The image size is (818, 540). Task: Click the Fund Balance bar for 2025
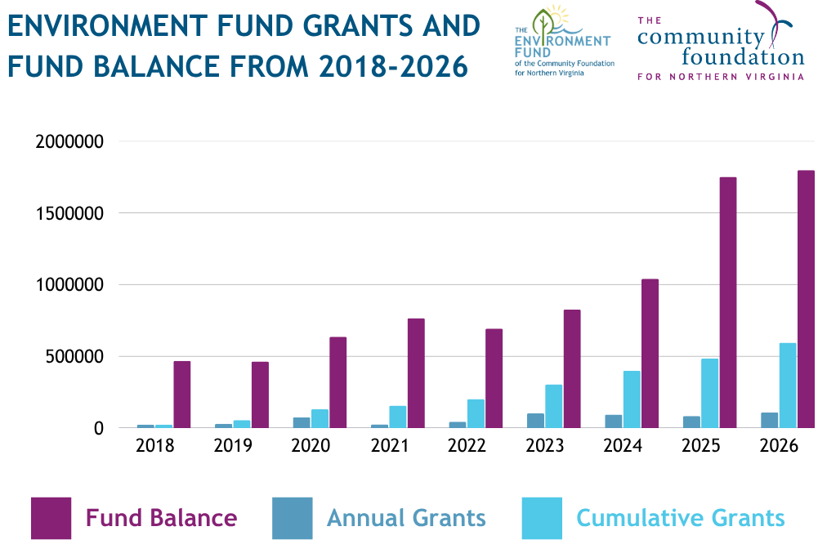click(728, 302)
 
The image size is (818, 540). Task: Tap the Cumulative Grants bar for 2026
click(788, 385)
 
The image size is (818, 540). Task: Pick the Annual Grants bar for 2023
click(535, 420)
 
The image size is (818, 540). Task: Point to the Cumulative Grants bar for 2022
click(476, 413)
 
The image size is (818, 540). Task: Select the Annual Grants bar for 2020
click(301, 422)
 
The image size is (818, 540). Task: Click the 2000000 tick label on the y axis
click(70, 142)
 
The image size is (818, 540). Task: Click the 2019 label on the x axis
click(233, 446)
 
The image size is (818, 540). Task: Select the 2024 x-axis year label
click(623, 446)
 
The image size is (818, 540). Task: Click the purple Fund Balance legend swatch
click(51, 518)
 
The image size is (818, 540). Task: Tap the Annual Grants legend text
click(406, 518)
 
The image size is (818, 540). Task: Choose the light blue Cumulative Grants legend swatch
click(542, 518)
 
